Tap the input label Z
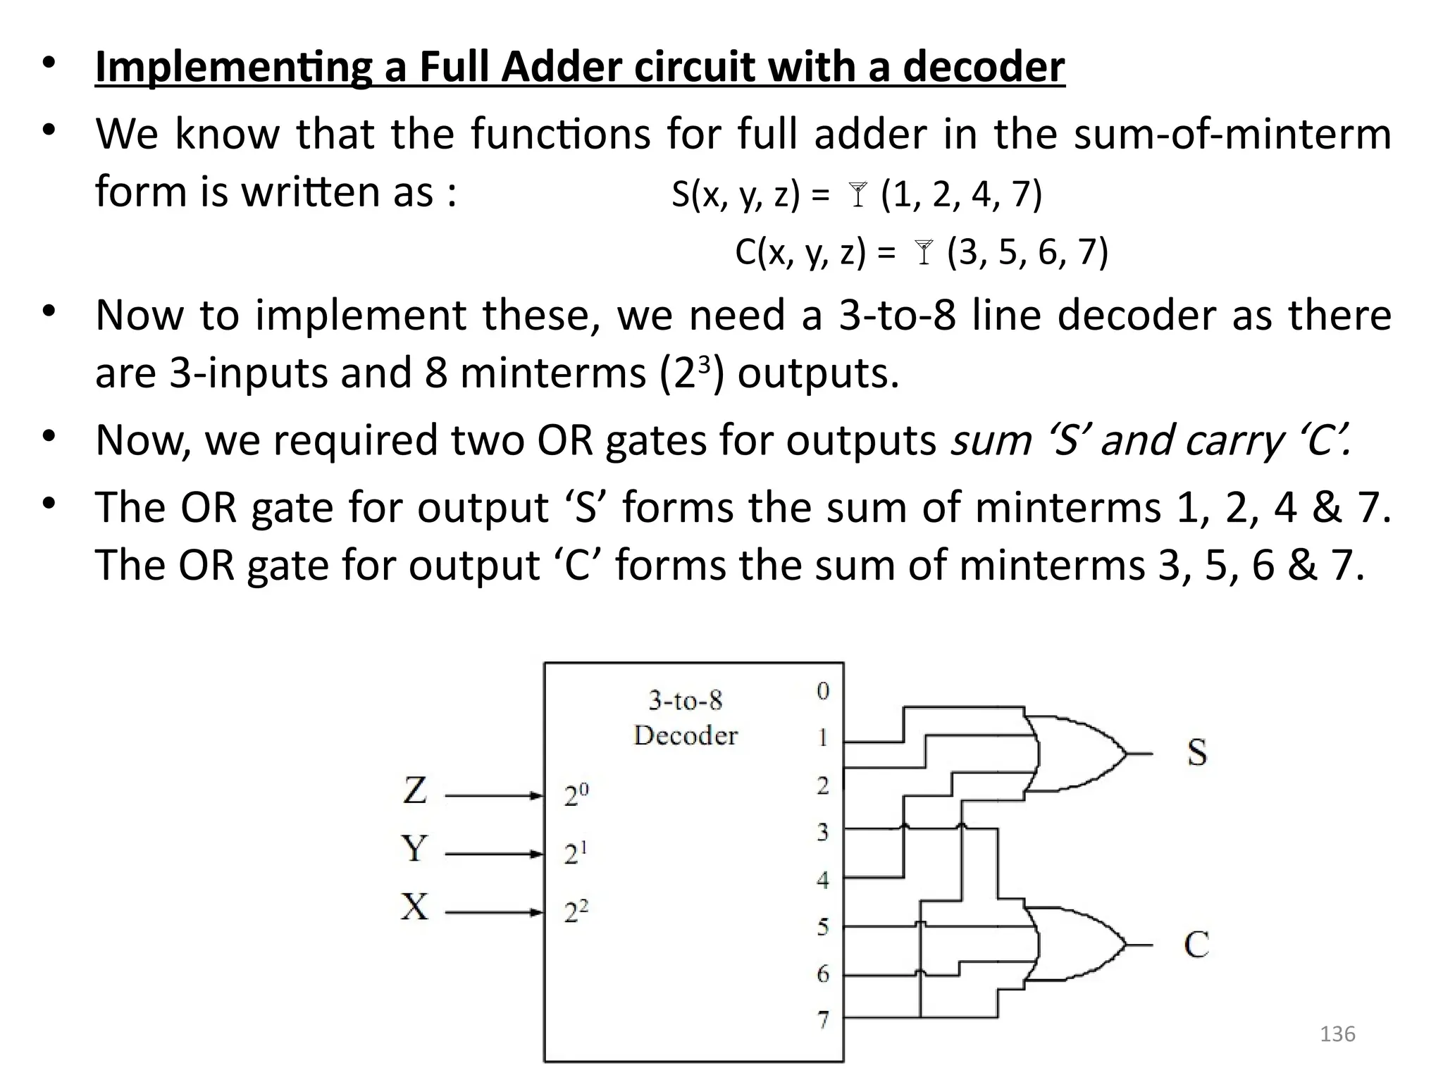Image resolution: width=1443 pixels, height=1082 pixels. [415, 790]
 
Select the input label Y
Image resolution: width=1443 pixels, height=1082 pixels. [414, 848]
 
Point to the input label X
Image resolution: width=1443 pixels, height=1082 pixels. [414, 907]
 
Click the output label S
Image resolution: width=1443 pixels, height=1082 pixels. [1196, 752]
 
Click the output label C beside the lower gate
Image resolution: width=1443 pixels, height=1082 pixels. [1196, 945]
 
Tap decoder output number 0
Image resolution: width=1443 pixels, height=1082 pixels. [823, 691]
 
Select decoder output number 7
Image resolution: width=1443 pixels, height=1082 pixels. [823, 1019]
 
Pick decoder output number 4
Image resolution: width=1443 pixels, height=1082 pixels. [823, 880]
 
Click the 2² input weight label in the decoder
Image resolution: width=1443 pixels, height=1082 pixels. [576, 912]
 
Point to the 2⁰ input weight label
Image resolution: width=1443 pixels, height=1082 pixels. [576, 795]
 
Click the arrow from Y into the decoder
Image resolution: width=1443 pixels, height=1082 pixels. [493, 854]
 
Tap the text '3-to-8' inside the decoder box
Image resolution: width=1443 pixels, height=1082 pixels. [685, 701]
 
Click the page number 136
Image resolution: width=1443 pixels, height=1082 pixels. [1337, 1034]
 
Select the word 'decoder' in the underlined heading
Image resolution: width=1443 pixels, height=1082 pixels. [984, 68]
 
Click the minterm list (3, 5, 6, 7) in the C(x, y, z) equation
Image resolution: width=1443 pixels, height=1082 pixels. [1027, 252]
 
